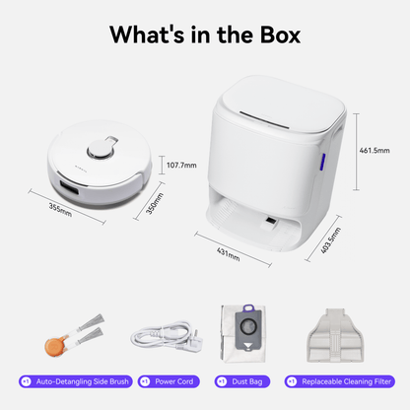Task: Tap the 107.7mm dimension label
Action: coord(182,165)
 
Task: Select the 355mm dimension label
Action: coord(61,209)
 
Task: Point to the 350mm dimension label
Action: coord(152,209)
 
